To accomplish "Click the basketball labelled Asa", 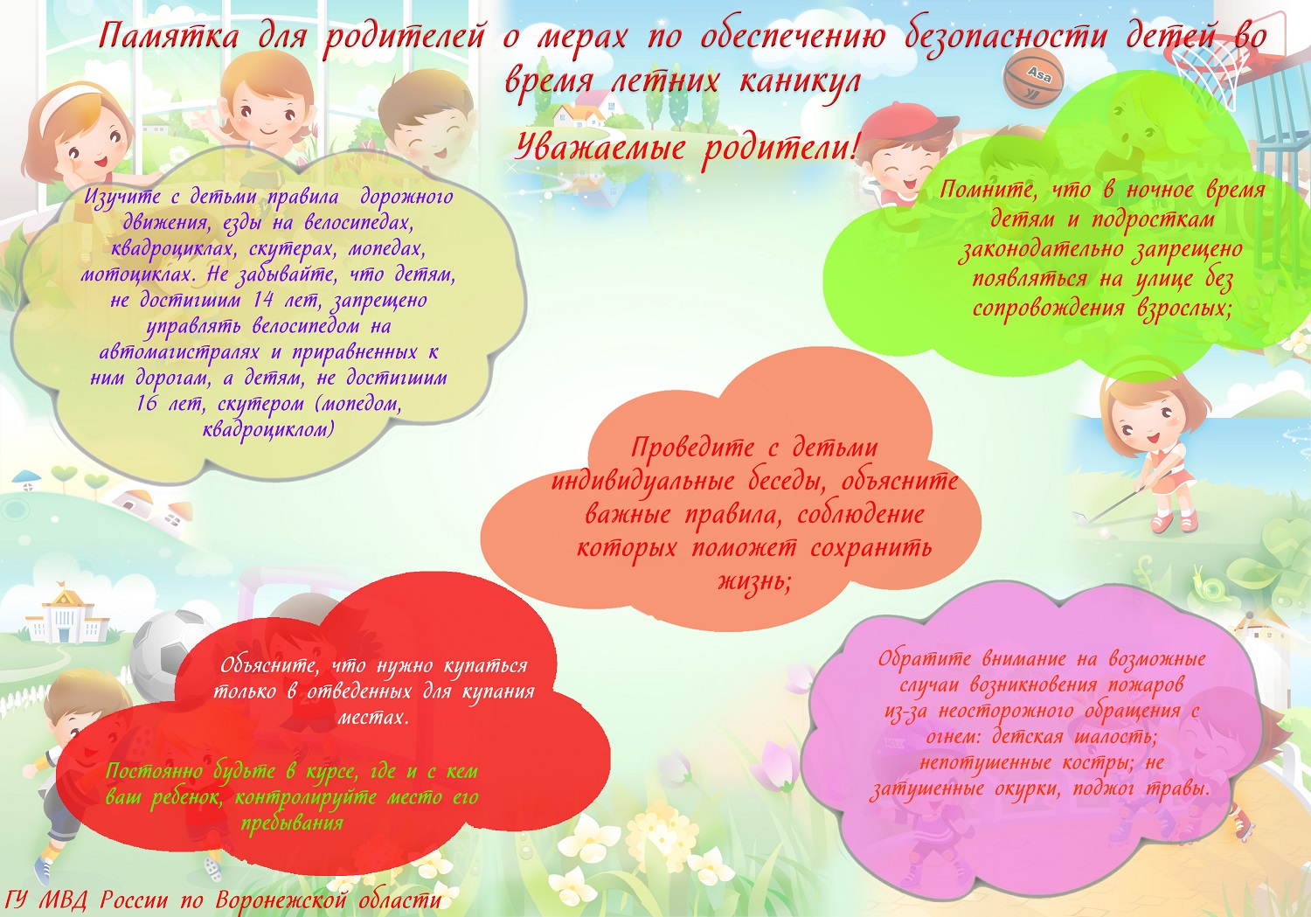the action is click(x=1033, y=78).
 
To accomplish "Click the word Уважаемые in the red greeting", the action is click(x=600, y=147).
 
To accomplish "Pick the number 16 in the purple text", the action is click(x=147, y=403).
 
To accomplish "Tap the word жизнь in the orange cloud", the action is click(x=754, y=581).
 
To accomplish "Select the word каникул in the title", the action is click(x=800, y=81).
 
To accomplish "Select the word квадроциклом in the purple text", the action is click(x=268, y=430).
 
